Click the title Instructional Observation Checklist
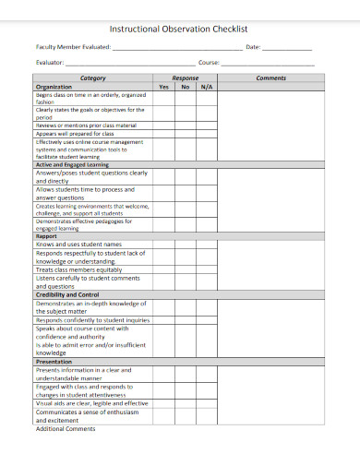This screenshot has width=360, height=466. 179,29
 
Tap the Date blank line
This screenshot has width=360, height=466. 287,47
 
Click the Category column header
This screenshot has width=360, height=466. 93,78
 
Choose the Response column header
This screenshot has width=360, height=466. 186,78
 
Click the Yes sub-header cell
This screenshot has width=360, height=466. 164,87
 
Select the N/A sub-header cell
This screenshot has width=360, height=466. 207,87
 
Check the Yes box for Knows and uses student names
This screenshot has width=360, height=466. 164,244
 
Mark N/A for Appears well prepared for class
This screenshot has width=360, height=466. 207,133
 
